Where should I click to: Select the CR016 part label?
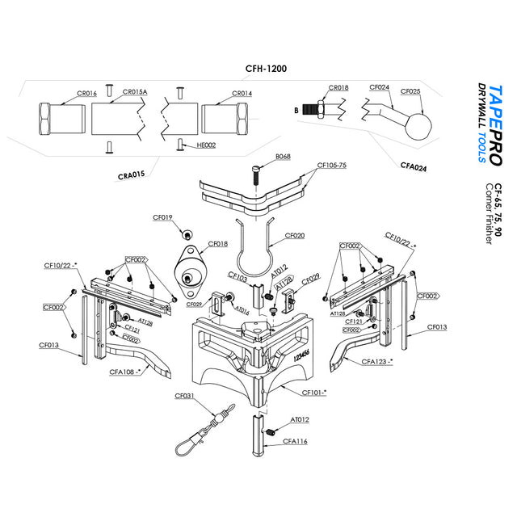pyautogui.click(x=86, y=94)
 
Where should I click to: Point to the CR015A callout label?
pyautogui.click(x=135, y=93)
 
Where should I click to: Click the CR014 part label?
pyautogui.click(x=242, y=94)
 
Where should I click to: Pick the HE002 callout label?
pyautogui.click(x=206, y=146)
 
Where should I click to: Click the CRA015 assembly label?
pyautogui.click(x=131, y=174)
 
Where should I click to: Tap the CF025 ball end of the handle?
pyautogui.click(x=419, y=124)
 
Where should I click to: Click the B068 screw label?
pyautogui.click(x=283, y=156)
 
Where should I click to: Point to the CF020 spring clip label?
pyautogui.click(x=296, y=237)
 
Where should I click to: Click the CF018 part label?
pyautogui.click(x=218, y=243)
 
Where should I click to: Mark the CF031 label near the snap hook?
pyautogui.click(x=185, y=396)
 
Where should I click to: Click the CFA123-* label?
pyautogui.click(x=376, y=361)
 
